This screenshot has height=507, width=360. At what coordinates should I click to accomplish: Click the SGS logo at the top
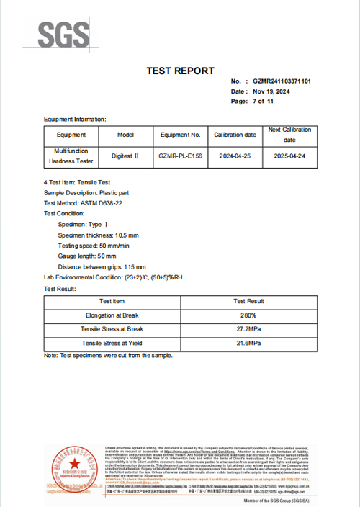(64, 34)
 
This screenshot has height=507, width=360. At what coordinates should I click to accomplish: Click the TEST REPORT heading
(180, 71)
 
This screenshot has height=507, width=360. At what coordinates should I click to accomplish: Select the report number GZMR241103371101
(282, 82)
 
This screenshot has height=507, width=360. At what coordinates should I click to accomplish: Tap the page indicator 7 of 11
(263, 102)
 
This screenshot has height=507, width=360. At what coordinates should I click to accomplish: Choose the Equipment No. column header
(180, 135)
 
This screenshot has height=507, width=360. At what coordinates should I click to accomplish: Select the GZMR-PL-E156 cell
(180, 156)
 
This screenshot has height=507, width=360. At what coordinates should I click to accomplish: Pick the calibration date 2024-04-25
(235, 156)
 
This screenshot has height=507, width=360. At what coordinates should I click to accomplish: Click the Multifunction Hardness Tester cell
(71, 156)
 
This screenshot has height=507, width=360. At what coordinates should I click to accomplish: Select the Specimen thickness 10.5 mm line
(98, 235)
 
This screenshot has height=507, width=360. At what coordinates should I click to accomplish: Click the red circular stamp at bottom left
(71, 466)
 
